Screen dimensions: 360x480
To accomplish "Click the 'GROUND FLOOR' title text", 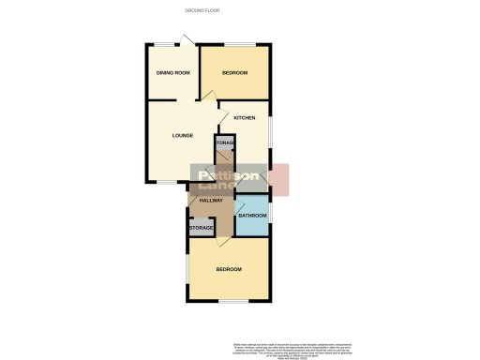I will point(202,9).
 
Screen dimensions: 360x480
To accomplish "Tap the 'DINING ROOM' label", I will point(172,73).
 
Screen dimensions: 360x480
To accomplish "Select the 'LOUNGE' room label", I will point(183,135).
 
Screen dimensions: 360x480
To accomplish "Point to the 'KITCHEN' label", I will point(245,117).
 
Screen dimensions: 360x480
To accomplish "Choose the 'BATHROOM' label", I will point(251,217).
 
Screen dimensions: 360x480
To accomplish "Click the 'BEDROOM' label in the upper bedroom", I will point(234,73).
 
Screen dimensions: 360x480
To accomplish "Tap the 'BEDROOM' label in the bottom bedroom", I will point(229,270).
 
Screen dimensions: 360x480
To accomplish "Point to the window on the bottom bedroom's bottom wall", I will point(233,300).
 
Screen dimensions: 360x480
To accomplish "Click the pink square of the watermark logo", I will point(280,179).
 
